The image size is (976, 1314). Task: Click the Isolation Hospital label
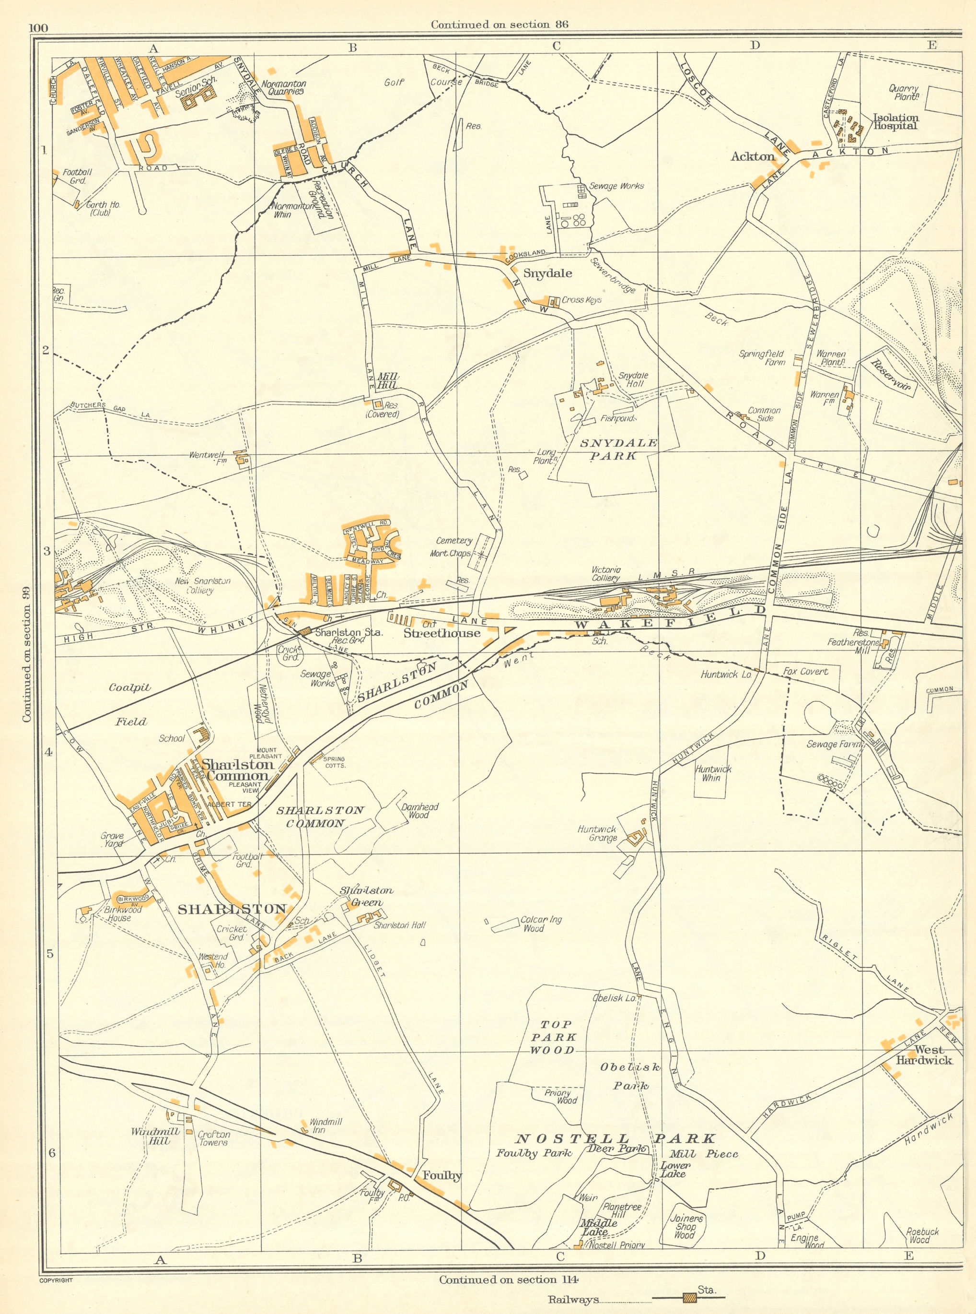(895, 122)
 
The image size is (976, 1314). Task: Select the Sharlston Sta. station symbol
(305, 631)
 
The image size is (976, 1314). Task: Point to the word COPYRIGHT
(56, 1276)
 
